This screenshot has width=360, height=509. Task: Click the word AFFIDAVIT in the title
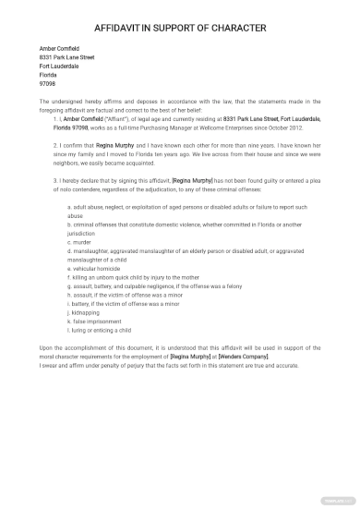pos(125,27)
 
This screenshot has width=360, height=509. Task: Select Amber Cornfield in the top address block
pos(60,48)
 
